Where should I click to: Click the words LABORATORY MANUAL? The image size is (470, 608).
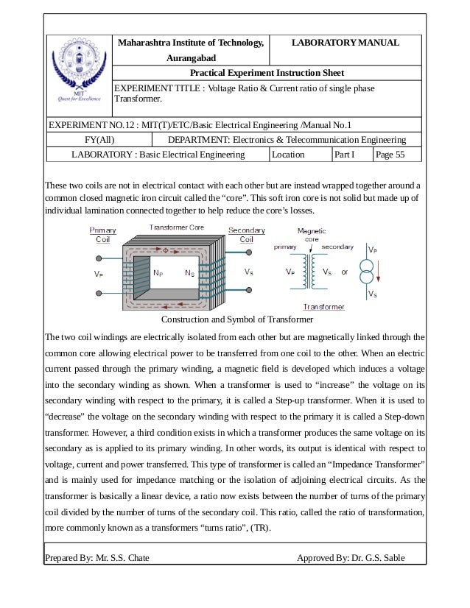tap(346, 43)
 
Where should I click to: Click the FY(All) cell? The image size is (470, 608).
tap(97, 140)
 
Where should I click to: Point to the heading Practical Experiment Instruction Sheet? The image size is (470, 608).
tap(267, 74)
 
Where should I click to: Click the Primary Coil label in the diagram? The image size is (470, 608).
tap(103, 235)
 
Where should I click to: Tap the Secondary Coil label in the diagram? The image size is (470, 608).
tap(247, 235)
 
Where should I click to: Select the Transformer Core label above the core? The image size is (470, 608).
tap(177, 228)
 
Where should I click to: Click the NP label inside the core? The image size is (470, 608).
tap(158, 272)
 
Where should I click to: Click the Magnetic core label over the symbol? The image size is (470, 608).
tap(312, 235)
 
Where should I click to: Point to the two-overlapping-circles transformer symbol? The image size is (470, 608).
tap(366, 272)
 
